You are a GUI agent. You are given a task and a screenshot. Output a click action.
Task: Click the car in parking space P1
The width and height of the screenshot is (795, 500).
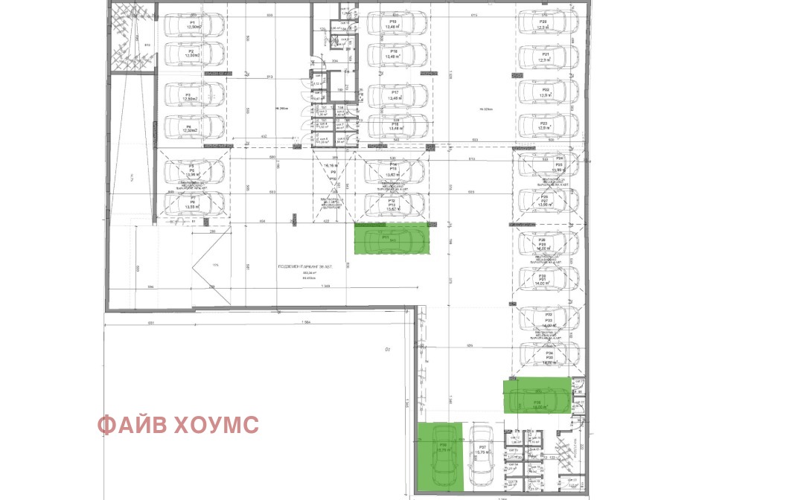(194, 25)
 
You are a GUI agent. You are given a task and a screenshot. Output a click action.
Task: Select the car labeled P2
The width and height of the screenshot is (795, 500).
(194, 54)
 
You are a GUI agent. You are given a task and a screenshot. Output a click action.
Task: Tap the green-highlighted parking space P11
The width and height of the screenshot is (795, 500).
(392, 239)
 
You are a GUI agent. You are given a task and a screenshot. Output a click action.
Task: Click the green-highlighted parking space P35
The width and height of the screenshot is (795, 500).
(537, 395)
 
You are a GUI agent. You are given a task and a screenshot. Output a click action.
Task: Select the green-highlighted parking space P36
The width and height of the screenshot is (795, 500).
(440, 455)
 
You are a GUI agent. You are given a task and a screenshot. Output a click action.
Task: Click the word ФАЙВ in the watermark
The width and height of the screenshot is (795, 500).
(133, 426)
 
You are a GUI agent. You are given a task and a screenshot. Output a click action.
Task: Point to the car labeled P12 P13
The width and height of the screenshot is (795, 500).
(395, 204)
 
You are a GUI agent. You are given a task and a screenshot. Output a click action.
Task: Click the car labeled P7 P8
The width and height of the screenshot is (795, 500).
(194, 204)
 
